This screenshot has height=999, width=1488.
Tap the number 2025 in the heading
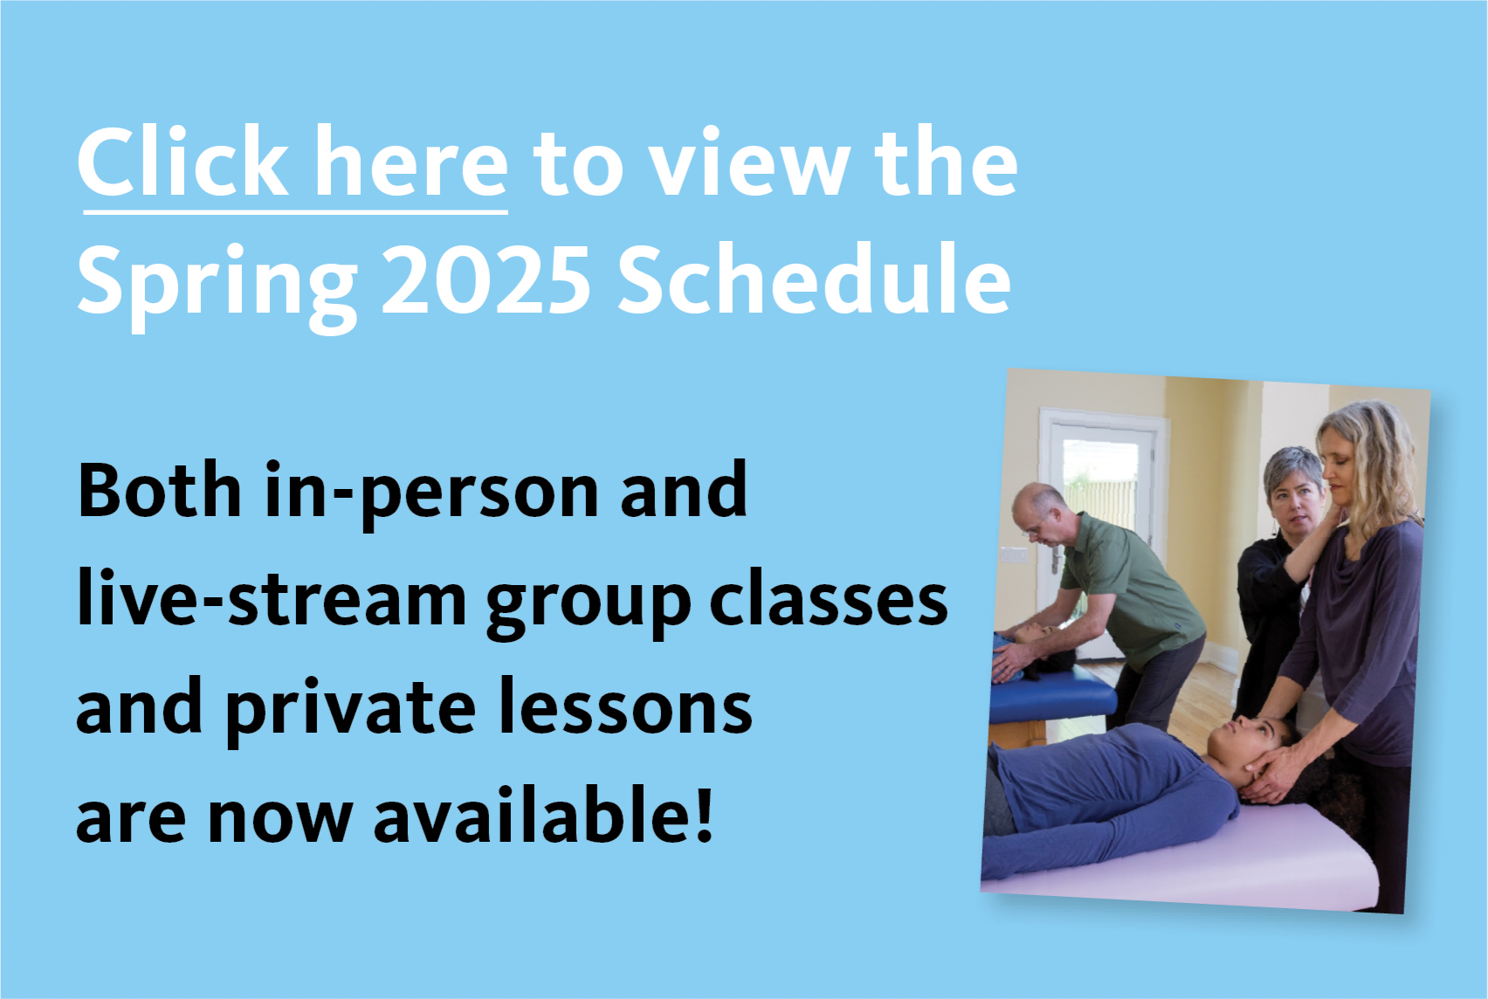(486, 279)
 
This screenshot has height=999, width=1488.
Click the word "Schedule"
(815, 278)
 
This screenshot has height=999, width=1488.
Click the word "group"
(588, 607)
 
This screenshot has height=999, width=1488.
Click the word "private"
(351, 711)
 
